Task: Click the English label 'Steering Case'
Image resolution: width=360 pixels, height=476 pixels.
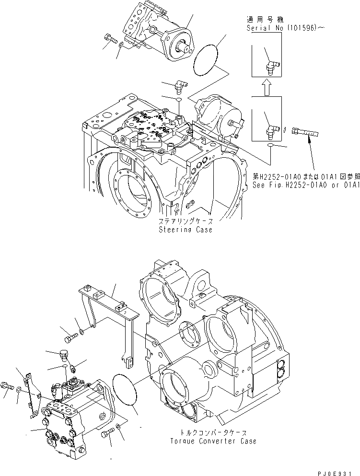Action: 186,230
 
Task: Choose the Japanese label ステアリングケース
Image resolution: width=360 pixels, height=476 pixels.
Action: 186,222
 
